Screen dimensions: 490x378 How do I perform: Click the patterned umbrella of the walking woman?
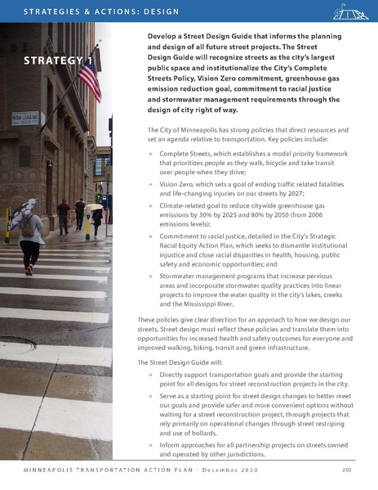24,211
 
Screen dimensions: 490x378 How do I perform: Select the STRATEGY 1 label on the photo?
56,62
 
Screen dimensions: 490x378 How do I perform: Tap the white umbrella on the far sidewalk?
96,206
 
